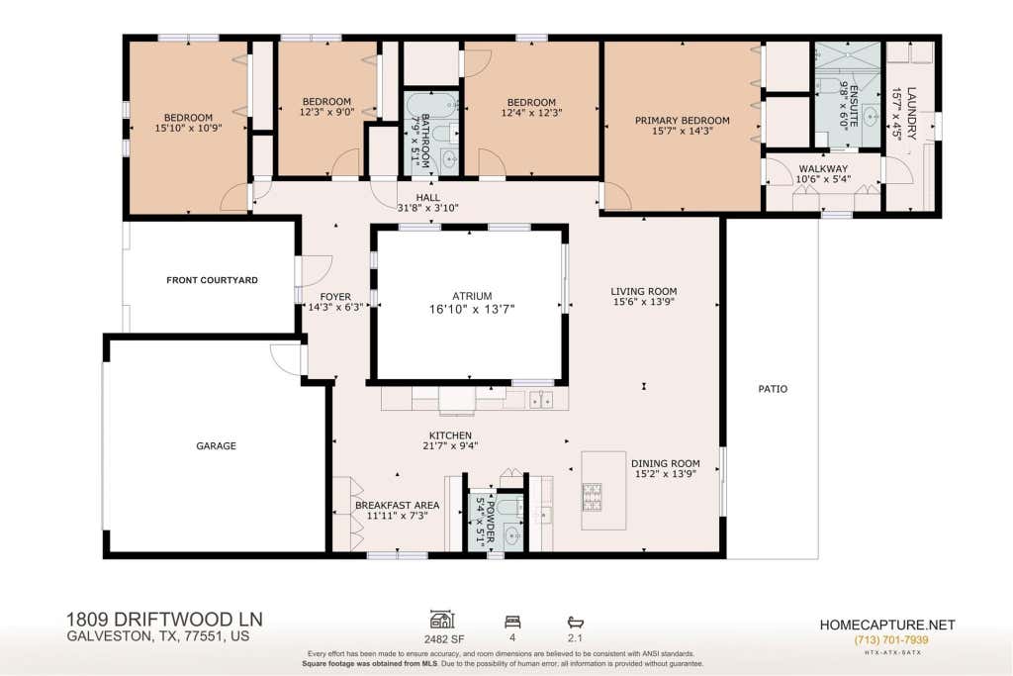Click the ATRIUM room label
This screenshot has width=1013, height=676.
pos(472,296)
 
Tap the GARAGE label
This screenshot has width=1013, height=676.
pos(216,446)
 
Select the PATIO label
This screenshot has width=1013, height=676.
pos(773,389)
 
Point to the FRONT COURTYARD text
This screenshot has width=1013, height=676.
pos(212,280)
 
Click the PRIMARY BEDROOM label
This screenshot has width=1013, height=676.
pos(683,120)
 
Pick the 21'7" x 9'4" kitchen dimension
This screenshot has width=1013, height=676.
pos(450,445)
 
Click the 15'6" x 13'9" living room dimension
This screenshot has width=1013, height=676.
pos(643,301)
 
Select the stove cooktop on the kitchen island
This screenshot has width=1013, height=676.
pos(593,497)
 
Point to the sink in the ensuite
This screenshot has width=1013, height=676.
pos(871,118)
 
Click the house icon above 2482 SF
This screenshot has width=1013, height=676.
pos(442,620)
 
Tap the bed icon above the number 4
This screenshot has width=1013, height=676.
pos(512,622)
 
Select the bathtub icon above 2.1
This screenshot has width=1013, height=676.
pos(575,622)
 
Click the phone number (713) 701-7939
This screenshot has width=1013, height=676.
pos(891,639)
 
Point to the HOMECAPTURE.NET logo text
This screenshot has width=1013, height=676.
pos(887,625)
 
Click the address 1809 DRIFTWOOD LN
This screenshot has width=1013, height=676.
pos(164,620)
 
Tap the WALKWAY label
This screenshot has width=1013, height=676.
pos(823,168)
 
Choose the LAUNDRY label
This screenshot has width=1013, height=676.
pos(911,113)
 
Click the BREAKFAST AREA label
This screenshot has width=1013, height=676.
pos(398,506)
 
